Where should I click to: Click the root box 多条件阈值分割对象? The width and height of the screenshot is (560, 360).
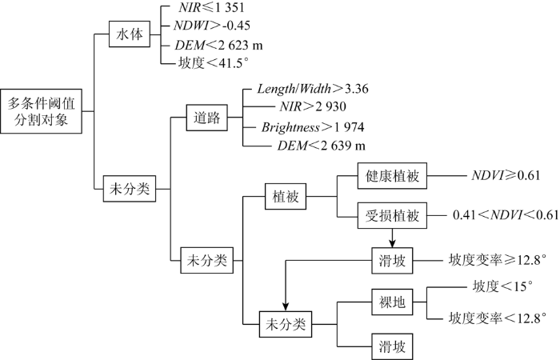click(x=41, y=111)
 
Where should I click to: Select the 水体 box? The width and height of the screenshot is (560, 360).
click(x=130, y=34)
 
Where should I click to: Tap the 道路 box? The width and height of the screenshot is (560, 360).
click(x=206, y=118)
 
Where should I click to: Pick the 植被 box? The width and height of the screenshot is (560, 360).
click(x=286, y=197)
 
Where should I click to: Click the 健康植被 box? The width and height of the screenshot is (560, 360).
click(x=392, y=176)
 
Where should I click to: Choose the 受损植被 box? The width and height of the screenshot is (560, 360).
click(x=392, y=216)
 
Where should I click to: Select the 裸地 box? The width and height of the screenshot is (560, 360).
click(x=392, y=302)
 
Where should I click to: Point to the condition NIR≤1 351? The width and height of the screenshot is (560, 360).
click(x=211, y=7)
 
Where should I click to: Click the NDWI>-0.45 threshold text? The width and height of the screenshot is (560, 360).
click(x=212, y=26)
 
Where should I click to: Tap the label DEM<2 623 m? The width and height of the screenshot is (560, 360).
click(x=218, y=46)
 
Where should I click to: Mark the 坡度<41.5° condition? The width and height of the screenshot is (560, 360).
click(x=214, y=63)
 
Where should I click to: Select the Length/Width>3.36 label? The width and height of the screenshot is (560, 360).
click(x=313, y=89)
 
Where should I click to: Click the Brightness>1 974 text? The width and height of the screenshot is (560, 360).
click(x=313, y=127)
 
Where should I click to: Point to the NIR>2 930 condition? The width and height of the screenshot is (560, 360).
click(x=313, y=106)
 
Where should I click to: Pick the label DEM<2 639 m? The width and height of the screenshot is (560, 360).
click(x=322, y=146)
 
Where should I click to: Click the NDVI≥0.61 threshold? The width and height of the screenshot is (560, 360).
click(x=506, y=175)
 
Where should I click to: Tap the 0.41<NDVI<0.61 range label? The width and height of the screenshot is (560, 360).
click(x=506, y=215)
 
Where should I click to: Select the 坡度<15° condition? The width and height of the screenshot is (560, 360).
click(x=503, y=286)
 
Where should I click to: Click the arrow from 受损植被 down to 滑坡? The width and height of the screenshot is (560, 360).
click(x=392, y=238)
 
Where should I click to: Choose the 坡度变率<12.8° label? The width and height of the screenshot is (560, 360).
click(x=498, y=318)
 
